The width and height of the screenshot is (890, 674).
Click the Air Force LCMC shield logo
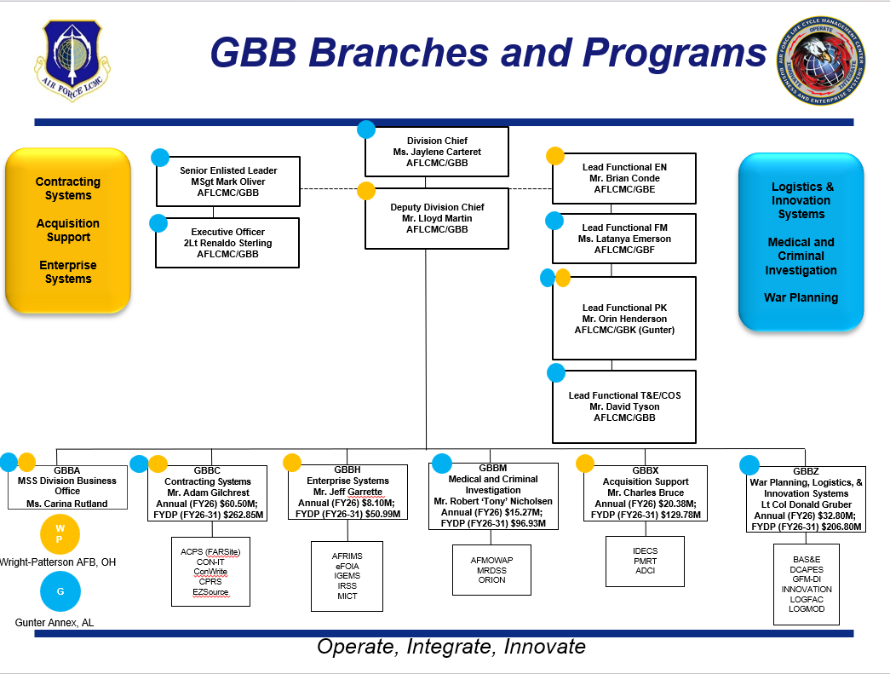pos(72,60)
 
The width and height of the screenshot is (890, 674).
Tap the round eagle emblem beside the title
pos(821,60)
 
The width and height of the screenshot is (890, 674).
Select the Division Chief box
pos(437,152)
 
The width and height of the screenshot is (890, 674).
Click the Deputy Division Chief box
pos(437,219)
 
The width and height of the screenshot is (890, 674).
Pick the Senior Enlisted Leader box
pos(227,181)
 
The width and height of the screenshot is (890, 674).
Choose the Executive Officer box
pos(227,243)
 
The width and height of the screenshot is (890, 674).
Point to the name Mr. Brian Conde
pos(624,178)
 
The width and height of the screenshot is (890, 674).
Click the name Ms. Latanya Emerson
pos(624,239)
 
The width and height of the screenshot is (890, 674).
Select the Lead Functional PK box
pos(623,319)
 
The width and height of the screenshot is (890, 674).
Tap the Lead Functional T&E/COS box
pos(623,406)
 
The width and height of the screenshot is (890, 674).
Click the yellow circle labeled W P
pos(60,534)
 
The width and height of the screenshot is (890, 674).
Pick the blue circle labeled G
pos(60,591)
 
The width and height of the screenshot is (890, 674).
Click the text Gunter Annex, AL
pos(55,623)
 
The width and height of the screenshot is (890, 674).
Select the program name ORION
pos(491,580)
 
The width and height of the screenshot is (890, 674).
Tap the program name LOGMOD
pos(807,609)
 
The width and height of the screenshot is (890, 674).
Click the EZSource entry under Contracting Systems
pos(210,592)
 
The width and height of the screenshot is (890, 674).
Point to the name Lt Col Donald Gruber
pos(806,504)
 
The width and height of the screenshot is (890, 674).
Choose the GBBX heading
pos(646,470)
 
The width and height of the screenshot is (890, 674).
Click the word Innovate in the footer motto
pos(544,647)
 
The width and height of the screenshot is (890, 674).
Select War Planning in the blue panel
pos(801,297)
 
